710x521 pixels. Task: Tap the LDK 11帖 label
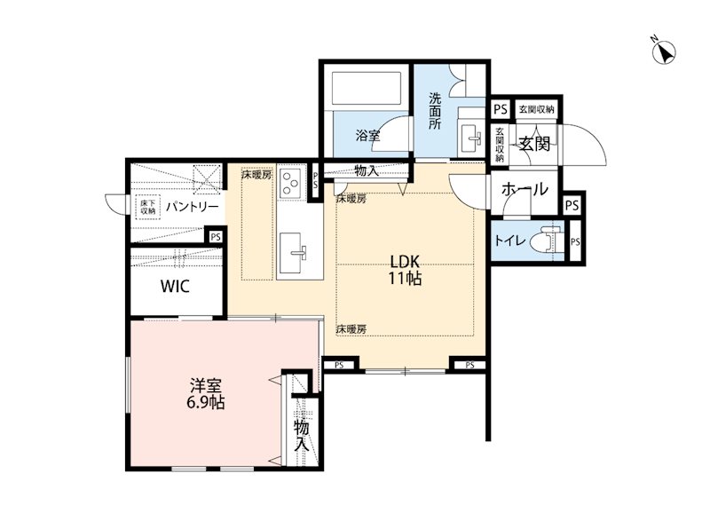[406, 270]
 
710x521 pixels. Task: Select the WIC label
[175, 286]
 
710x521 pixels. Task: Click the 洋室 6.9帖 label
[206, 394]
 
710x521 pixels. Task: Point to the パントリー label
[192, 208]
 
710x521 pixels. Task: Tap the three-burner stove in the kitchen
[290, 183]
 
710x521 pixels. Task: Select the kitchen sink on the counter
[293, 253]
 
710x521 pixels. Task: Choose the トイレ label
[509, 241]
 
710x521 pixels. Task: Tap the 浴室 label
[367, 135]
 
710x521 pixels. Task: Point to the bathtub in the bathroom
[367, 89]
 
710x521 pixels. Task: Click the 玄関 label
[534, 144]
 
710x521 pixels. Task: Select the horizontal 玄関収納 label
[537, 109]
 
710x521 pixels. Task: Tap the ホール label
[525, 189]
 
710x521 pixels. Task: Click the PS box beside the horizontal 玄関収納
[501, 109]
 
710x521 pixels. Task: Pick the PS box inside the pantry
[216, 237]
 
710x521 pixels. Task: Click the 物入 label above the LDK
[367, 171]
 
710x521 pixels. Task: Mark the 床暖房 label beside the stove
[256, 174]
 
